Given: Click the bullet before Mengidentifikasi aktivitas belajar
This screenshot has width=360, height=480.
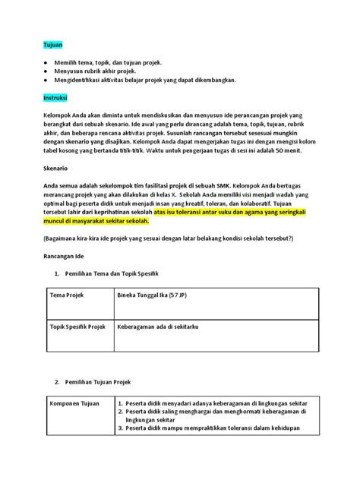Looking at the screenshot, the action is pos(48,79).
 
